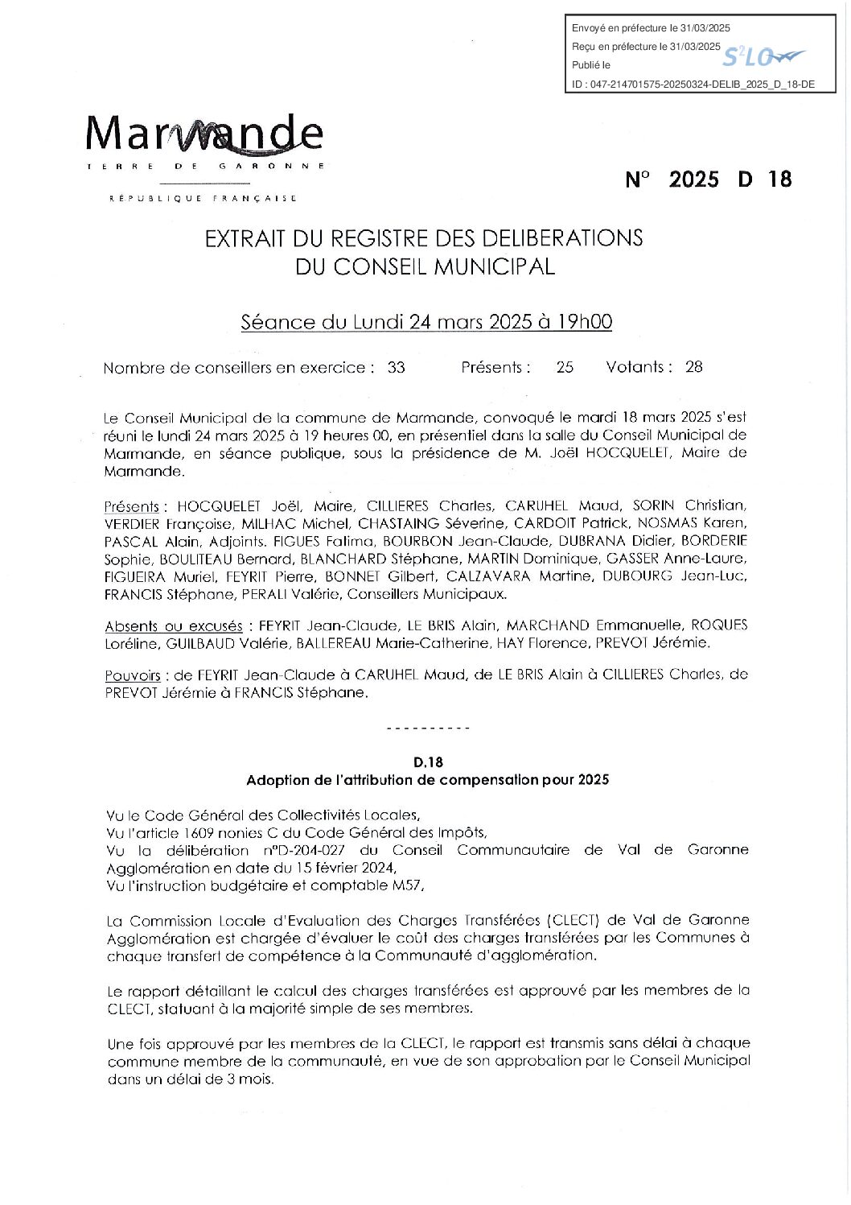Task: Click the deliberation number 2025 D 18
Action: [x=708, y=179]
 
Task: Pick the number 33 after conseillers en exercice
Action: [x=396, y=368]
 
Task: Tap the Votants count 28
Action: [x=693, y=367]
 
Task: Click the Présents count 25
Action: [x=565, y=367]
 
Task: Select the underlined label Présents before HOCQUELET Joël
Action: [x=132, y=506]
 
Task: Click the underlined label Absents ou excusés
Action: [x=174, y=625]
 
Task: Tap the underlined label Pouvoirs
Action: [x=133, y=675]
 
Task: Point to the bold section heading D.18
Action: [x=427, y=761]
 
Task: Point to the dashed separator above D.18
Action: [x=427, y=728]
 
